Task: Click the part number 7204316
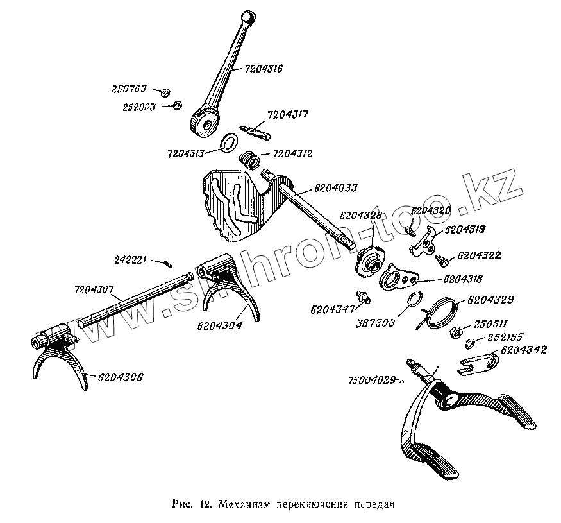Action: pyautogui.click(x=264, y=68)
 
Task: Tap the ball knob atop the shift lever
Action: pyautogui.click(x=247, y=17)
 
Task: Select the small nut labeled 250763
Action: pyautogui.click(x=163, y=92)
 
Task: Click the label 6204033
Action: pyautogui.click(x=336, y=188)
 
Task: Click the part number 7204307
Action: pyautogui.click(x=92, y=290)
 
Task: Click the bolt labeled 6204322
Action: pyautogui.click(x=441, y=259)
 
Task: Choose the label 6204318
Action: pyautogui.click(x=462, y=279)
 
